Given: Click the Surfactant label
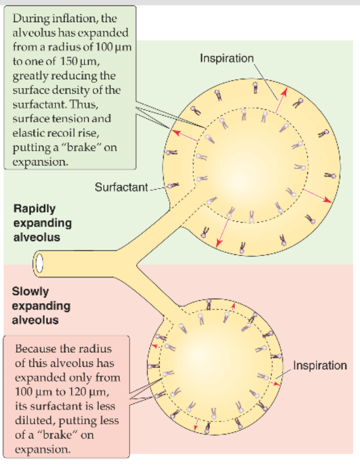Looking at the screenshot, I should (121, 186).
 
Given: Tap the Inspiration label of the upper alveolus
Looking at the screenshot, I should (227, 58).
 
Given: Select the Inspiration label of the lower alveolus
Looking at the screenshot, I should (320, 365).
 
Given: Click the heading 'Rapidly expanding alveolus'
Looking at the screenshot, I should (42, 222).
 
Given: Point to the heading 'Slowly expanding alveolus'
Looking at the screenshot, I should (41, 306).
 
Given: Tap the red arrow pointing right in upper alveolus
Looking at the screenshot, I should (316, 196).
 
